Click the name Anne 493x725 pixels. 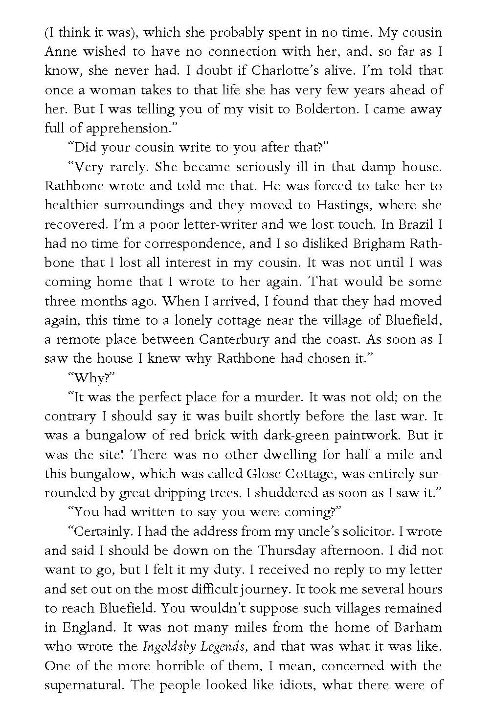click(59, 51)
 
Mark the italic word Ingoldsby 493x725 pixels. click(167, 647)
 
